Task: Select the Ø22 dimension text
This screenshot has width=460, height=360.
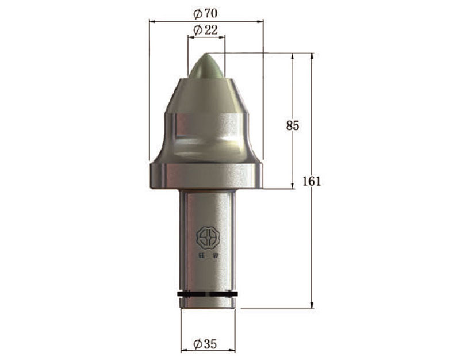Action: pos(206,30)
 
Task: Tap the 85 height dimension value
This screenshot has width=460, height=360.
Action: pos(293,125)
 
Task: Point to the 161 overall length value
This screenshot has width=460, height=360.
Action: pos(311,181)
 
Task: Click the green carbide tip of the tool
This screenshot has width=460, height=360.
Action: pos(206,67)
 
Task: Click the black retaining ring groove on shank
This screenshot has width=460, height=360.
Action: pos(207,295)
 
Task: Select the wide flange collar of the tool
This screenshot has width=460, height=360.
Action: pos(206,176)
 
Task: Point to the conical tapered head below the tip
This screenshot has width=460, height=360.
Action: pos(206,95)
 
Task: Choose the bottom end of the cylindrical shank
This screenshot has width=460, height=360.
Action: pos(207,306)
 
